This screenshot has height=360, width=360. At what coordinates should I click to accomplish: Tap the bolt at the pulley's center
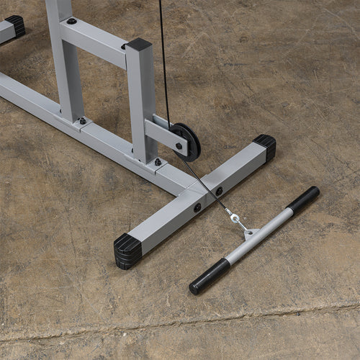(179, 145)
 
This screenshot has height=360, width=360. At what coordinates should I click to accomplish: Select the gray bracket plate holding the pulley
(165, 135)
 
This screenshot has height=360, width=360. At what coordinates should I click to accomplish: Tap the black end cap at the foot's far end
(265, 147)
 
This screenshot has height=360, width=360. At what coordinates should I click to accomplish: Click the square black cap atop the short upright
(139, 45)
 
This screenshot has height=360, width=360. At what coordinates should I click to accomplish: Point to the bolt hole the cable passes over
(219, 192)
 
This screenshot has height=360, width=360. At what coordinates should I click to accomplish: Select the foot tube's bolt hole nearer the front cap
(197, 207)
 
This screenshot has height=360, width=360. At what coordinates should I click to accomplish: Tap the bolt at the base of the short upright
(158, 162)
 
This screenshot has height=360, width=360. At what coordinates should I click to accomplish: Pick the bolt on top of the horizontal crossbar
(72, 21)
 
